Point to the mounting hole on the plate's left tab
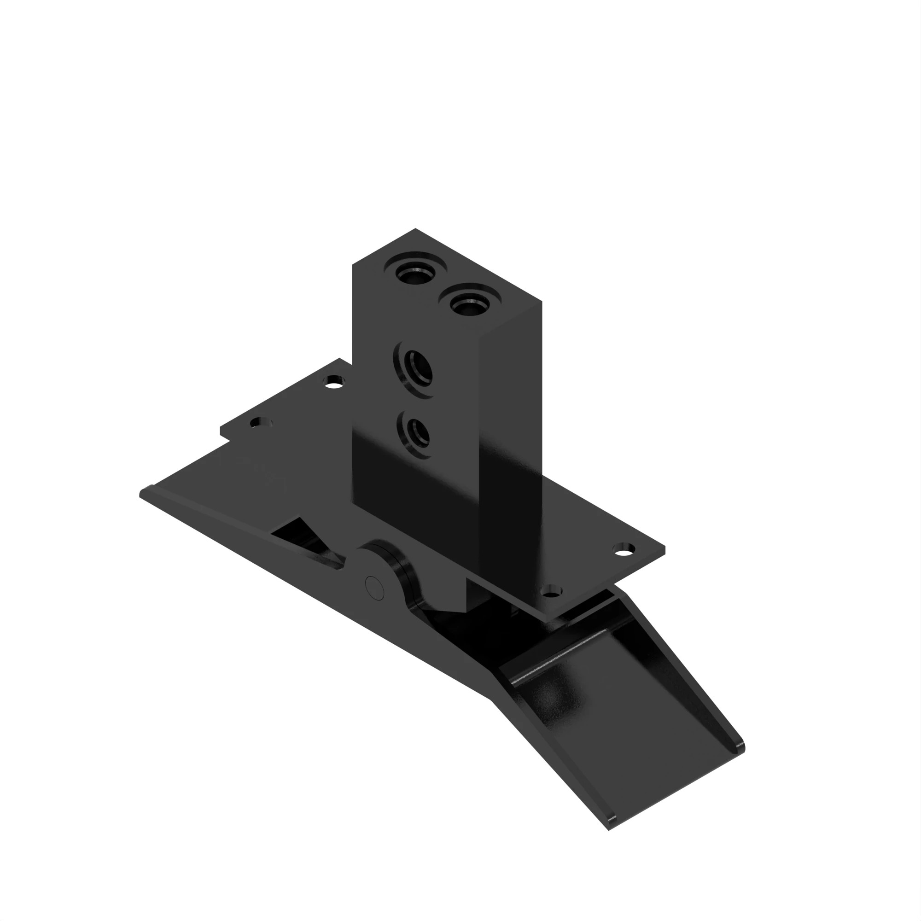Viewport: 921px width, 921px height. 260,422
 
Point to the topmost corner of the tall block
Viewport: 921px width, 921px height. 415,229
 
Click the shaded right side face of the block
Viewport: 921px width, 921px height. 510,429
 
